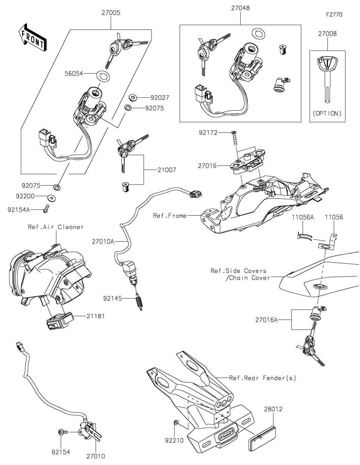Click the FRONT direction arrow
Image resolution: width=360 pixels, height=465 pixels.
pos(32,37)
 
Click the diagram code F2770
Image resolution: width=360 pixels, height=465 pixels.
pos(334,15)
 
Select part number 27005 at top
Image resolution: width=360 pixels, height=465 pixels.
pos(111,12)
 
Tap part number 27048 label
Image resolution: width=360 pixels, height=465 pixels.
pos(240,8)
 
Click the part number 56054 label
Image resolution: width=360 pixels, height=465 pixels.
pos(74,74)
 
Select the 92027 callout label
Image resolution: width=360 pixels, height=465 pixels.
pos(160,98)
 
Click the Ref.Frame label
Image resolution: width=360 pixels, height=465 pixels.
pos(170,216)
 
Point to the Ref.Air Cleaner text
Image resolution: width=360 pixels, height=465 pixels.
pos(56,227)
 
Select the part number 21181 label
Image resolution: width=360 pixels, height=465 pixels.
pos(95,316)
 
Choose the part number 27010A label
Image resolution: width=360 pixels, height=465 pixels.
pos(103,242)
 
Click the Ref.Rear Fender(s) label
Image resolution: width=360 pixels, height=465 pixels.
pos(262,378)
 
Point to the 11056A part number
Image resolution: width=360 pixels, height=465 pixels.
pos(303,217)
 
